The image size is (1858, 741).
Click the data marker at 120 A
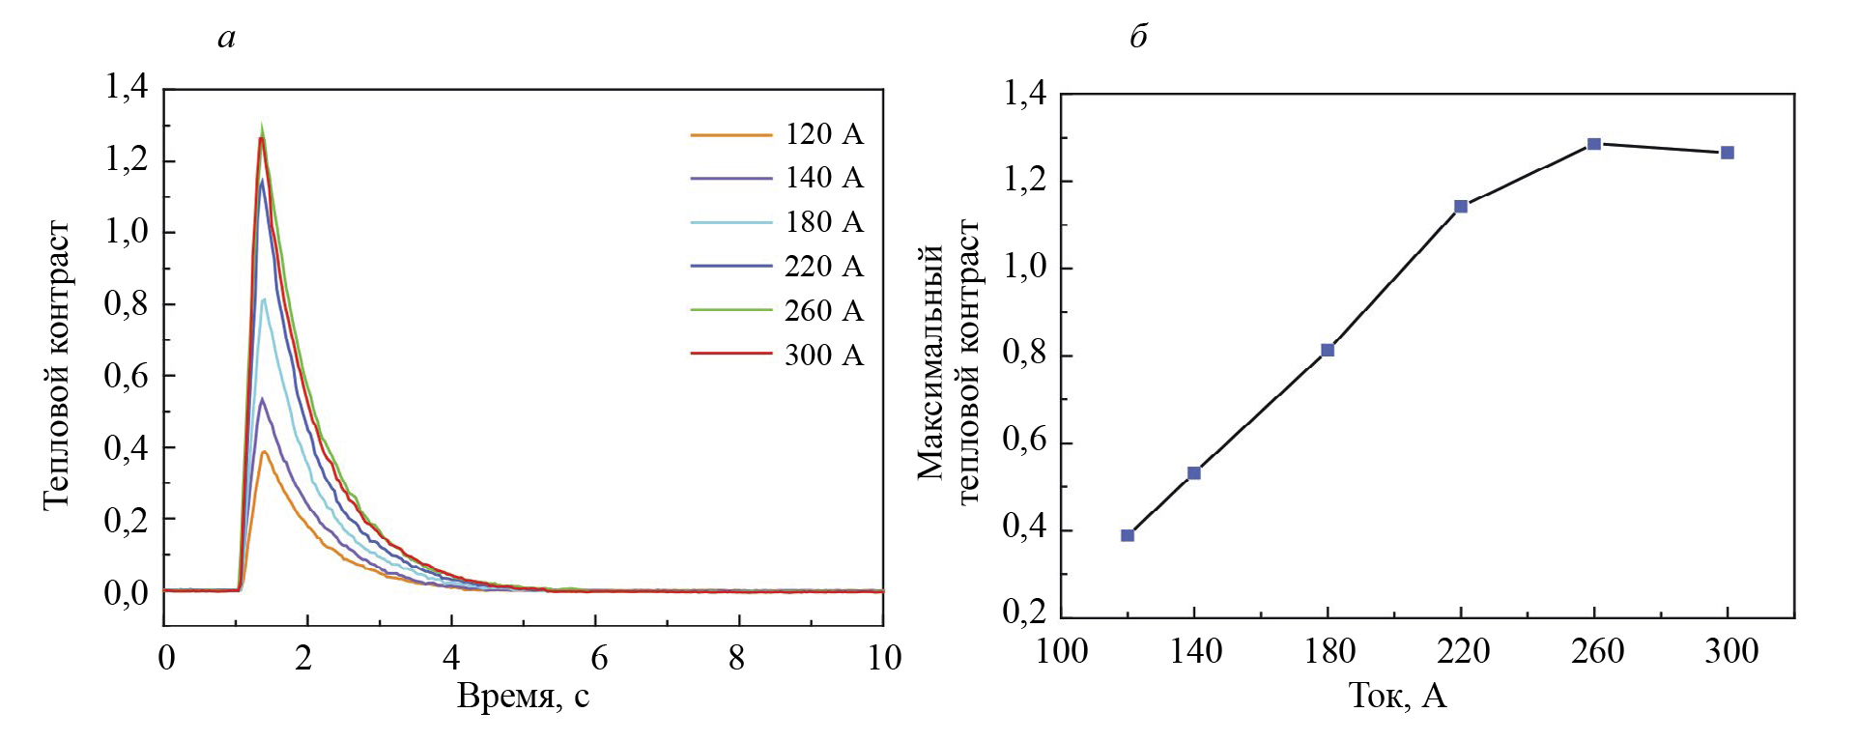1128,535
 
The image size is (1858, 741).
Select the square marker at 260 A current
1594,144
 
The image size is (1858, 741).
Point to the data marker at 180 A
1328,350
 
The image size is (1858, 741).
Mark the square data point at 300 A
1728,153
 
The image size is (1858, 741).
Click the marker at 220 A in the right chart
1461,206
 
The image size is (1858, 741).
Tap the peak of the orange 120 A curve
263,451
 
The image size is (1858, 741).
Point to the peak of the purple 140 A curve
261,399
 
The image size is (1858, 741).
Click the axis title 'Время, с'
523,697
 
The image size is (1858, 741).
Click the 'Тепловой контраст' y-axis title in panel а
56,364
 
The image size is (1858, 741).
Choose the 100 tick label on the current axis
1061,652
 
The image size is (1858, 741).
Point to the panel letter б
1138,38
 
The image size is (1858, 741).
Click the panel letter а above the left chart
227,39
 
